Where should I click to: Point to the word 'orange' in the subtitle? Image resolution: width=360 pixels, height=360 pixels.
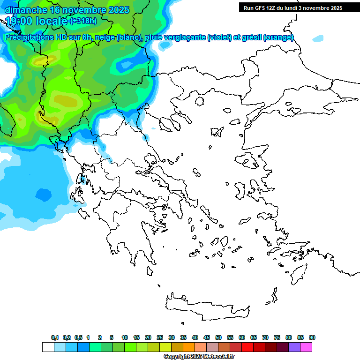pyautogui.click(x=278, y=37)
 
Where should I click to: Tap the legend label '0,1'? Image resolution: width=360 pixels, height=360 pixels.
pyautogui.click(x=55, y=337)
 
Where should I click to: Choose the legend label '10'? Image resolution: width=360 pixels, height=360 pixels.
pyautogui.click(x=125, y=337)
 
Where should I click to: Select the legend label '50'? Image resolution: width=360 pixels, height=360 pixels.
pyautogui.click(x=218, y=337)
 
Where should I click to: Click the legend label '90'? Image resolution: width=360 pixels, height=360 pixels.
pyautogui.click(x=312, y=337)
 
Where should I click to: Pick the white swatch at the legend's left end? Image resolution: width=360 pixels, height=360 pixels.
pyautogui.click(x=48, y=347)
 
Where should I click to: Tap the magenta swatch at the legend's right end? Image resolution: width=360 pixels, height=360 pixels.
pyautogui.click(x=306, y=347)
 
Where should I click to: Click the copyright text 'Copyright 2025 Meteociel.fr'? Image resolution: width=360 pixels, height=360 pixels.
pyautogui.click(x=199, y=357)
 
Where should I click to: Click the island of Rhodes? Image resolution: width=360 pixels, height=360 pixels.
pyautogui.click(x=298, y=274)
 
